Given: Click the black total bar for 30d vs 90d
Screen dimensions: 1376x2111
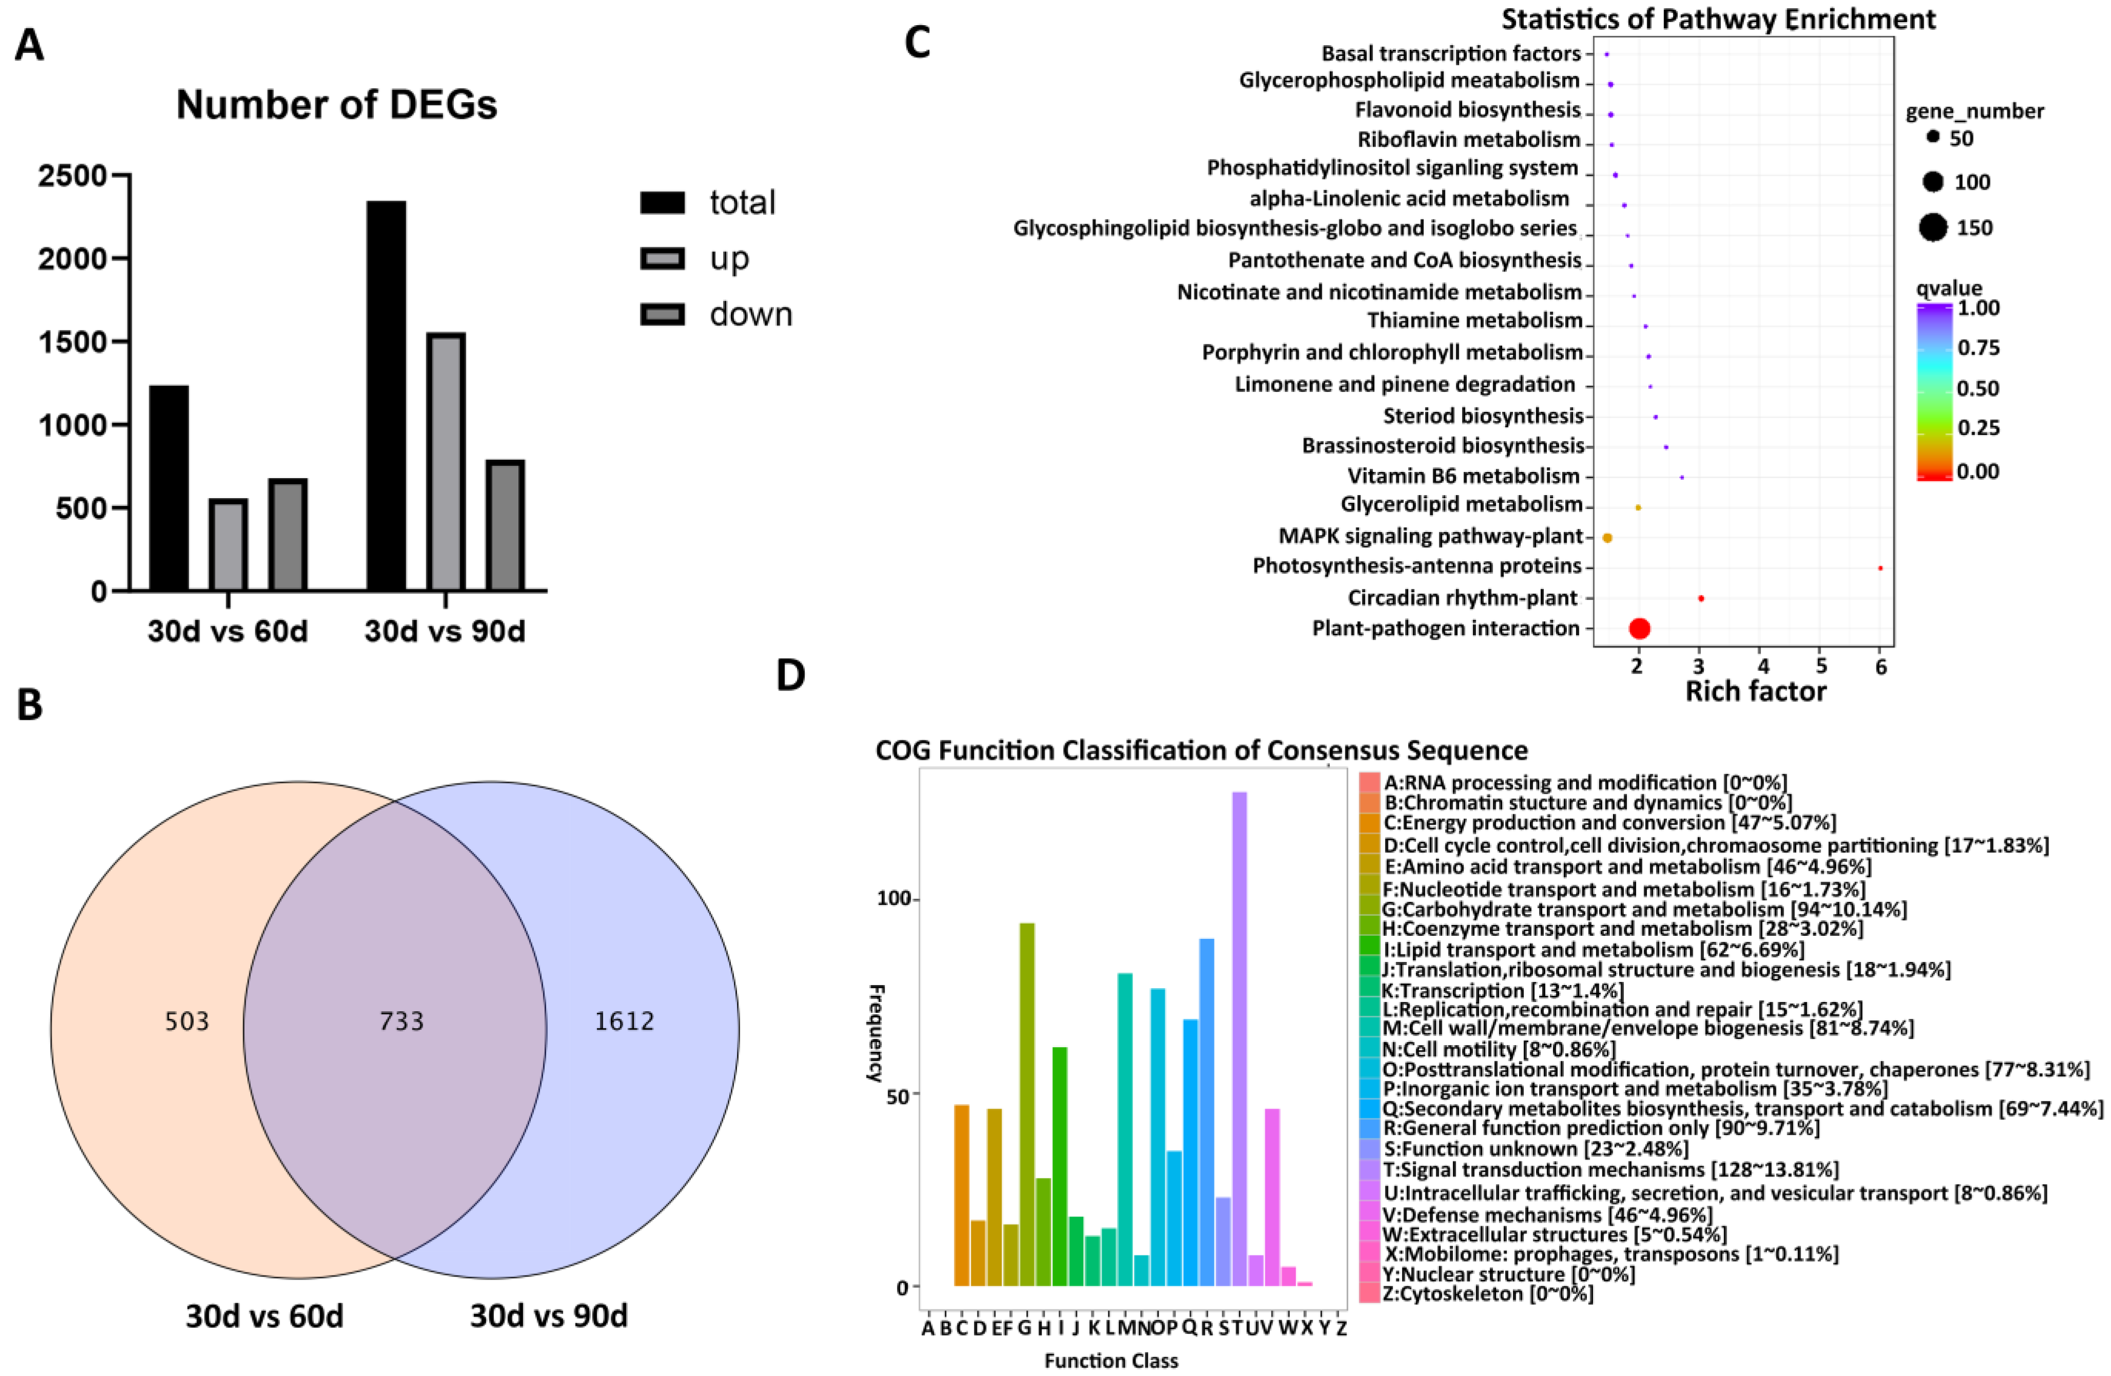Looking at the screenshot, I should pyautogui.click(x=386, y=395).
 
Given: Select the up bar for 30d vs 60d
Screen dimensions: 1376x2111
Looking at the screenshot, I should pyautogui.click(x=228, y=544).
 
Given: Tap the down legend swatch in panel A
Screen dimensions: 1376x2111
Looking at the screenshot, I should pyautogui.click(x=662, y=314).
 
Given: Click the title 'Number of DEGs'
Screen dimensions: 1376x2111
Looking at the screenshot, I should pyautogui.click(x=336, y=105).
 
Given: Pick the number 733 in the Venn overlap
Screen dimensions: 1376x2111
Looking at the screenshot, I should pyautogui.click(x=401, y=1021).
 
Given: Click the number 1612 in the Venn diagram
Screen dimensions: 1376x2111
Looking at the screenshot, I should pyautogui.click(x=624, y=1021).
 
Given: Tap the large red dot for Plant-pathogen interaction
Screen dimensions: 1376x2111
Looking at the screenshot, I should pyautogui.click(x=1639, y=628).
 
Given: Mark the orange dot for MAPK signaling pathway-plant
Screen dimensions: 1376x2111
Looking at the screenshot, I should pyautogui.click(x=1607, y=538).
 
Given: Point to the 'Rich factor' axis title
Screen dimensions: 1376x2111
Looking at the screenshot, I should pyautogui.click(x=1756, y=691).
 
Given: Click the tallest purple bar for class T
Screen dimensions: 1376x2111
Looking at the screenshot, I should pyautogui.click(x=1239, y=1038).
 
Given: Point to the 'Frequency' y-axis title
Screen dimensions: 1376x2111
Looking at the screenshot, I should pyautogui.click(x=875, y=1032).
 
